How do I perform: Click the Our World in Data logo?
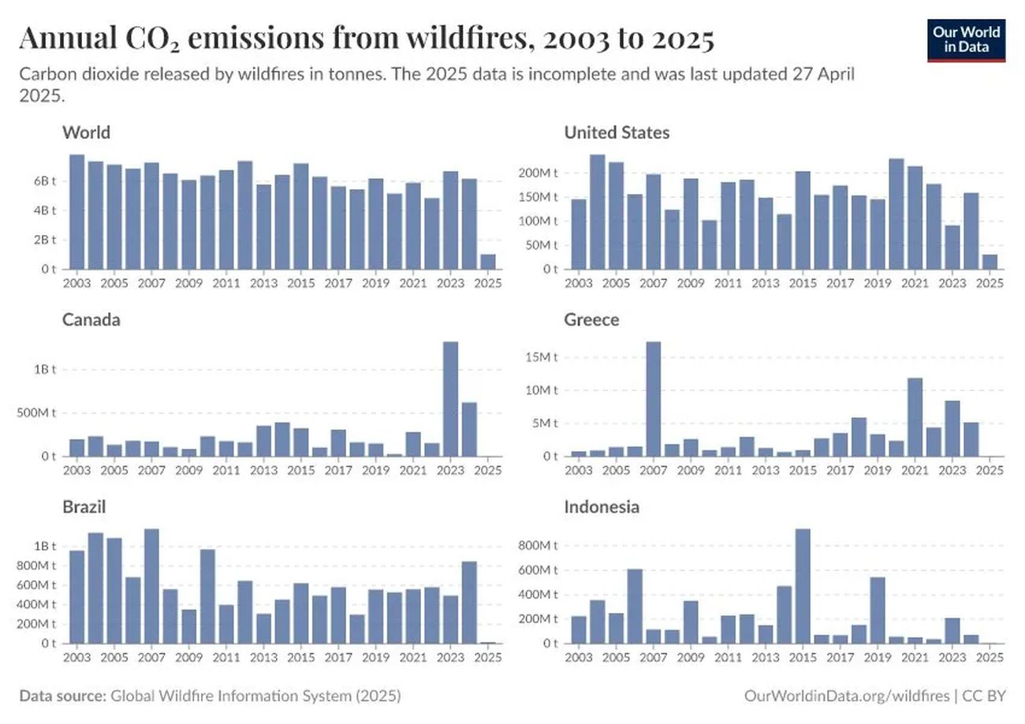pyautogui.click(x=967, y=40)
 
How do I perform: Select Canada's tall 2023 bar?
pyautogui.click(x=451, y=398)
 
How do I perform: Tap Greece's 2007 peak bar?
pyautogui.click(x=653, y=398)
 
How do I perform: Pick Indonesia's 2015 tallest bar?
pyautogui.click(x=803, y=585)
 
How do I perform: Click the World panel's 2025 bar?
pyautogui.click(x=488, y=261)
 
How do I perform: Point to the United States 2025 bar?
pyautogui.click(x=990, y=261)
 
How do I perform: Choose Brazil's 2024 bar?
pyautogui.click(x=469, y=602)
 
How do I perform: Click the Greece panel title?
pyautogui.click(x=591, y=319)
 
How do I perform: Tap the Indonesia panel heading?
pyautogui.click(x=602, y=507)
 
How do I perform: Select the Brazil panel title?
pyautogui.click(x=84, y=507)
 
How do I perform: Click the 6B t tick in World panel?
pyautogui.click(x=44, y=181)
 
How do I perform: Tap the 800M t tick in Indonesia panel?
pyautogui.click(x=539, y=545)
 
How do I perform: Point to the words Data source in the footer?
pyautogui.click(x=62, y=696)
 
